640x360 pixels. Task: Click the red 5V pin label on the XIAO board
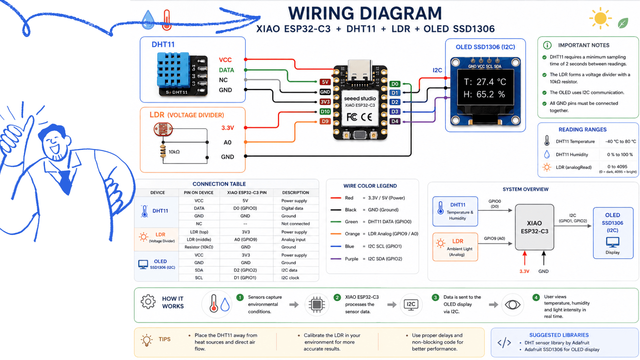pos(325,82)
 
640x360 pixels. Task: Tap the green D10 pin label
pos(325,112)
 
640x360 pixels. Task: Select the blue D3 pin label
pos(395,112)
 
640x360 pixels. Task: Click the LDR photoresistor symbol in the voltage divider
pos(163,129)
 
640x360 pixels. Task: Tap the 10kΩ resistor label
pos(174,152)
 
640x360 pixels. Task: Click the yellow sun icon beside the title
pos(600,18)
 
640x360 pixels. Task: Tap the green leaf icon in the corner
pos(623,23)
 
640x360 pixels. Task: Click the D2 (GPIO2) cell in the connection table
pos(245,270)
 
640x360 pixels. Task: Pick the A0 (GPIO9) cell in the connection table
pos(246,239)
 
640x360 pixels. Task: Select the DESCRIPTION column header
pos(296,193)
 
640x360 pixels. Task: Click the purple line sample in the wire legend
pos(336,259)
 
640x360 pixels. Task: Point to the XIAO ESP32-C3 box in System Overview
pos(534,227)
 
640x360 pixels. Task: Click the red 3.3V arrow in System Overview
pos(525,259)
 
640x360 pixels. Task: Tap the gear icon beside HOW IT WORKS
pos(148,302)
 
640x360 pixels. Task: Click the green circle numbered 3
pos(435,297)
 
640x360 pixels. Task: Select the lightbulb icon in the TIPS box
pos(147,340)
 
